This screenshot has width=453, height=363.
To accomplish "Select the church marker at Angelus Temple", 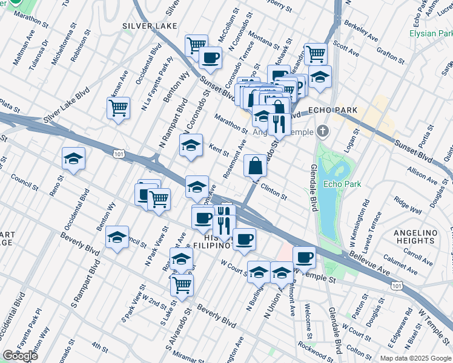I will [323, 131].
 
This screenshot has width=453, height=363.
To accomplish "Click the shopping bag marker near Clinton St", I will [256, 165].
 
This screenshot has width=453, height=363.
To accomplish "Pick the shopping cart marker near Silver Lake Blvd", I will [118, 108].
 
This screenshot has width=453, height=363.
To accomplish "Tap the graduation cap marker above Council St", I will [73, 159].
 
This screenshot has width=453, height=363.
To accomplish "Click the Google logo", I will [21, 356].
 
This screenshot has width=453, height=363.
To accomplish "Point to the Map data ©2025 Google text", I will [415, 358].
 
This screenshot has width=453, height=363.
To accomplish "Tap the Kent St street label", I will [218, 149].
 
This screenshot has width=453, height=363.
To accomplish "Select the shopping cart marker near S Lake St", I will [181, 284].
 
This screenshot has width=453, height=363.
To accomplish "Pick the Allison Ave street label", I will [423, 174].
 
